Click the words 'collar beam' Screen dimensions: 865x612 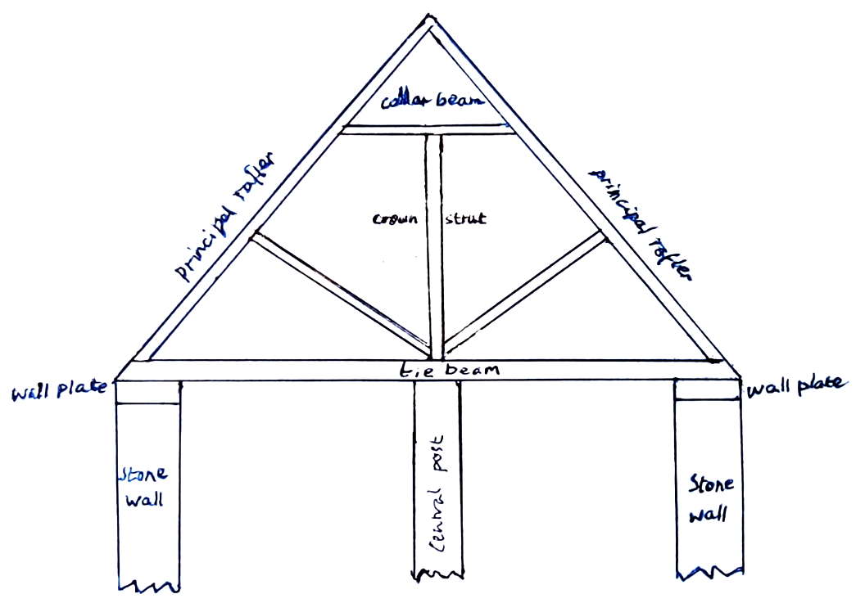pos(432,101)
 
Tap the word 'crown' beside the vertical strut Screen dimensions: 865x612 pos(395,218)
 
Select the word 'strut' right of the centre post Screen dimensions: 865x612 pos(465,218)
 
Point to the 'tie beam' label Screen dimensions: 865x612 pos(449,370)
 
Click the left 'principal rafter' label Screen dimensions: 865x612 pos(224,216)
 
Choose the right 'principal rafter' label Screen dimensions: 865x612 pos(641,223)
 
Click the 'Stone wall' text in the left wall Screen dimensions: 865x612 pos(144,487)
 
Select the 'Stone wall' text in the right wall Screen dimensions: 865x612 pos(710,498)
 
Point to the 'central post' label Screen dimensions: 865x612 pos(437,494)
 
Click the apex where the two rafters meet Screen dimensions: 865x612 pos(430,16)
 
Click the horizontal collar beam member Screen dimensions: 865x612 pos(428,129)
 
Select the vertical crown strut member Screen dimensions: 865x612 pos(433,247)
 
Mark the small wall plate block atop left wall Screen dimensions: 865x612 pos(147,392)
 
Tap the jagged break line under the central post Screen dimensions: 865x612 pos(438,575)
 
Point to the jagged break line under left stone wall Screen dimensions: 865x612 pos(149,586)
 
